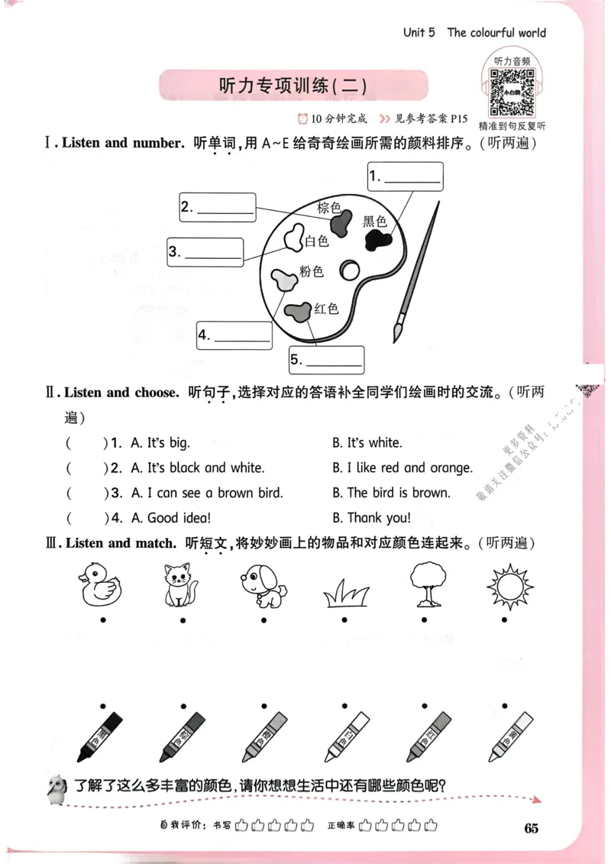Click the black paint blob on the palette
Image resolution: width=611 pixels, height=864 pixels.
pos(377,241)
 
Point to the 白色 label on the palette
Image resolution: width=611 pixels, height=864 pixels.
pos(316,242)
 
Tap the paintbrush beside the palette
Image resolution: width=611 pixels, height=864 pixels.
pos(416,271)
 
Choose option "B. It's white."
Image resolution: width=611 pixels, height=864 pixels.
pos(367,442)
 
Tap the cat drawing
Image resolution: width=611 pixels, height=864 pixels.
pos(181,585)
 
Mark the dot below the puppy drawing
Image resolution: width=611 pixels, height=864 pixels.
pos(262,620)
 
